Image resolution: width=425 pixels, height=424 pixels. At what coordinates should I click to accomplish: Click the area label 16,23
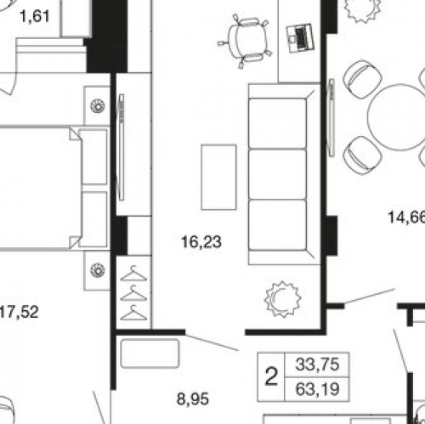click(x=201, y=242)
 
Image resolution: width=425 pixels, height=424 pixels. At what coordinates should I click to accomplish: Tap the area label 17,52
click(x=19, y=312)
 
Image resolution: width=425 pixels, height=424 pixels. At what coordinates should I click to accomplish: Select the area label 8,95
click(x=193, y=399)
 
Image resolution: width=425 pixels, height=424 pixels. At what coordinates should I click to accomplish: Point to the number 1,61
click(x=35, y=16)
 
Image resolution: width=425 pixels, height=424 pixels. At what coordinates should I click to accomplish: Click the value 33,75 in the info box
click(x=317, y=365)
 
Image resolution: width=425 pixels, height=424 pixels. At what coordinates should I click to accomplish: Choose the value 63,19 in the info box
click(x=317, y=389)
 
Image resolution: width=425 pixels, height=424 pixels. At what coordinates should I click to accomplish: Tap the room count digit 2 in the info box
click(x=271, y=377)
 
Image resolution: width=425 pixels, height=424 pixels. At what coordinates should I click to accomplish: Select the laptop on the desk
click(x=300, y=38)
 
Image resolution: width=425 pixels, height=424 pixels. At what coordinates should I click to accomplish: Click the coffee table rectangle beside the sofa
click(x=218, y=177)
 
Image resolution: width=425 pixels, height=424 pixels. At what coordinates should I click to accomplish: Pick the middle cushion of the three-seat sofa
click(x=277, y=174)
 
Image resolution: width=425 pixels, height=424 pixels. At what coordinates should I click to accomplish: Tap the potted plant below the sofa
click(x=283, y=299)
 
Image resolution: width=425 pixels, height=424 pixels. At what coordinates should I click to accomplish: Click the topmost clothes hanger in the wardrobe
click(x=133, y=274)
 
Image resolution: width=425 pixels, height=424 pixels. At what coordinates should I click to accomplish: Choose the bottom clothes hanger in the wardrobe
click(x=133, y=313)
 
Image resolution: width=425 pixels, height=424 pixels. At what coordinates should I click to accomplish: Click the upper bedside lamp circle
click(x=98, y=106)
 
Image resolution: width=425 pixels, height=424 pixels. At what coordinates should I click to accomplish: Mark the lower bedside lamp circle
click(x=98, y=270)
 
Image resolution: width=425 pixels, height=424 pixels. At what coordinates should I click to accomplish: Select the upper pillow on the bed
click(x=93, y=157)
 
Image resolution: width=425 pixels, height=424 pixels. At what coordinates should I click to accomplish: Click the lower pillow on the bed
click(x=93, y=219)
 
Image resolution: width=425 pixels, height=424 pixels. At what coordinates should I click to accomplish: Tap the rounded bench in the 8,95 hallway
click(x=150, y=353)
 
